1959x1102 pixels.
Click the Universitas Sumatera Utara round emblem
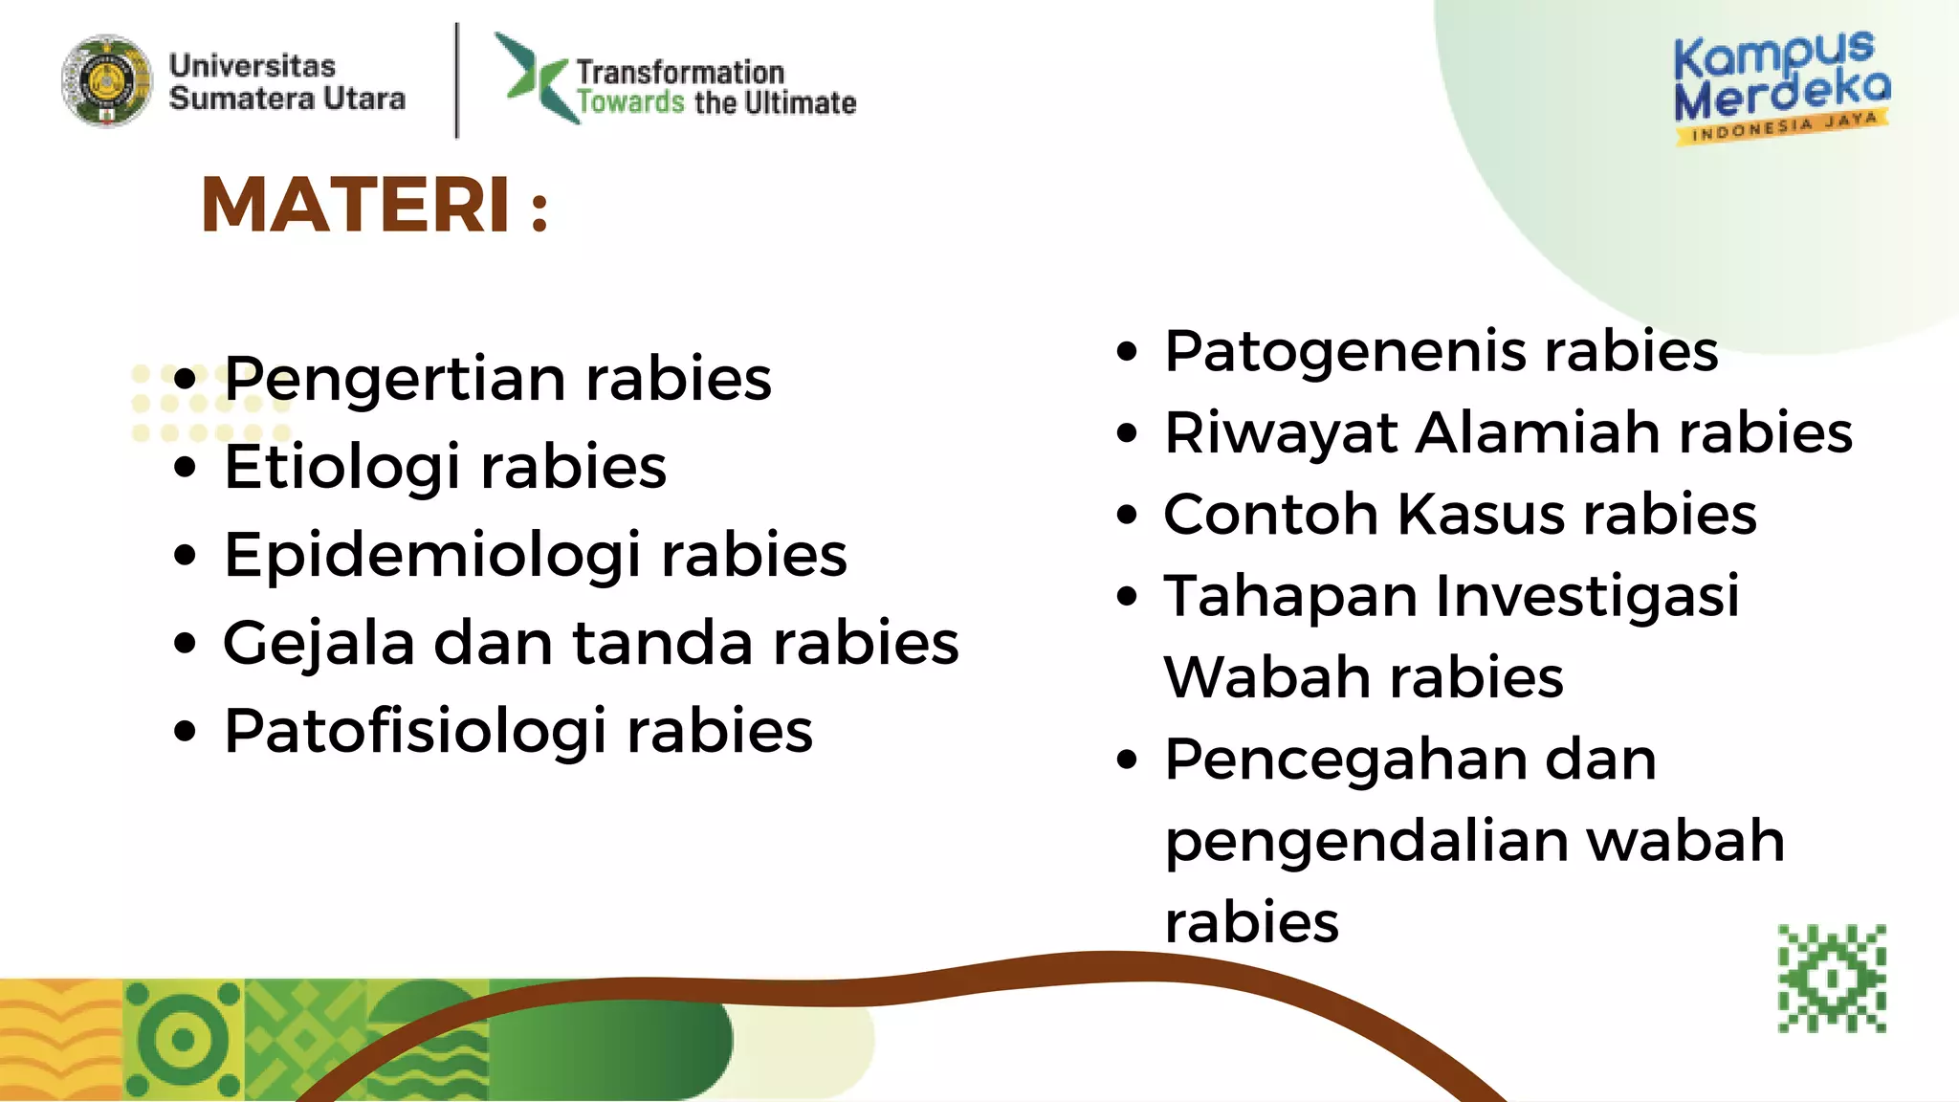click(106, 81)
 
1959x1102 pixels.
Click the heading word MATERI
click(356, 205)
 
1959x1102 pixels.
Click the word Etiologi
click(342, 468)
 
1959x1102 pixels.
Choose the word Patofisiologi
click(415, 732)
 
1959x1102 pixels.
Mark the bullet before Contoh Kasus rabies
click(1128, 515)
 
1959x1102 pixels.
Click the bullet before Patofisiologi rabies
click(186, 732)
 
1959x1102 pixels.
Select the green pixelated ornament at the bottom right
click(1832, 979)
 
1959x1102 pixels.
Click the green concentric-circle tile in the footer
click(183, 1040)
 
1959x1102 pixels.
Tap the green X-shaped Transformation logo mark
click(534, 77)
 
